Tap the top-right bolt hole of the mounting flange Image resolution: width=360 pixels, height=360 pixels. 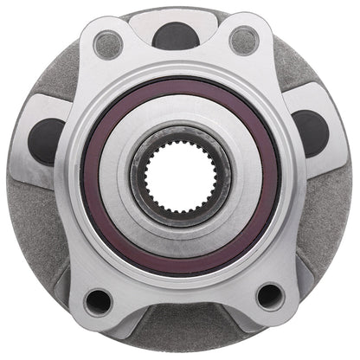[x=244, y=40]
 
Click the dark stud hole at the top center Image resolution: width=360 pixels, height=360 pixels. [x=177, y=35]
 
